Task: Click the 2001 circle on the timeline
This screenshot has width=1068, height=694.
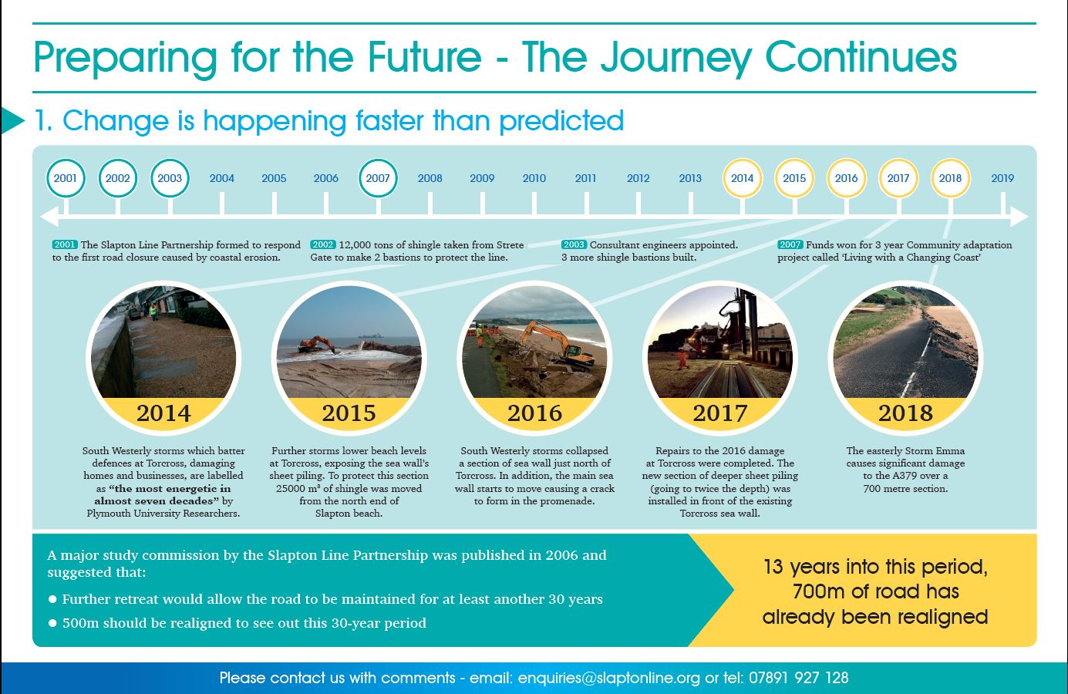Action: tap(66, 178)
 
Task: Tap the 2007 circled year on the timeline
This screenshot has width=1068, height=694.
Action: tap(378, 178)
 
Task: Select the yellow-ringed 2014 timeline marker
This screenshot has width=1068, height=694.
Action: tap(742, 178)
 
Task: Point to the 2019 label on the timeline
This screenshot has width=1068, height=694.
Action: tap(1002, 178)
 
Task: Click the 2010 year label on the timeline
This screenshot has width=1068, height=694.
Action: tap(534, 178)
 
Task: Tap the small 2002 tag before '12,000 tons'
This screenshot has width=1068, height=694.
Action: tap(323, 244)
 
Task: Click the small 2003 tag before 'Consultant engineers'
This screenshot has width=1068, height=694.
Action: tap(574, 244)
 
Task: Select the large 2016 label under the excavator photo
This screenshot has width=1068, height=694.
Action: tap(534, 413)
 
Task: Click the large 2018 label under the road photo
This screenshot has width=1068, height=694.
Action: tap(905, 413)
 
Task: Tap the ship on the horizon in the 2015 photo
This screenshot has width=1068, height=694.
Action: tap(370, 335)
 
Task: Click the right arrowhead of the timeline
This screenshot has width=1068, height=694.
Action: tap(1019, 217)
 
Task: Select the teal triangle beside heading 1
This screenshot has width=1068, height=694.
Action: tap(12, 120)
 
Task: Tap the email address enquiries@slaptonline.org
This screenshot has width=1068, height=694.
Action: tap(609, 678)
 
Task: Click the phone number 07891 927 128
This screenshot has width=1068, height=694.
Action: tap(799, 678)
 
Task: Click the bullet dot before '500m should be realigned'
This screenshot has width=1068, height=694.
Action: tap(53, 623)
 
